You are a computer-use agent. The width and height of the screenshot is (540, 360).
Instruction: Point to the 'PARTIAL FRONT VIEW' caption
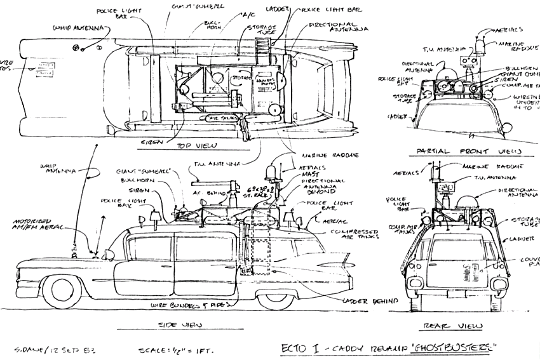tap(469, 151)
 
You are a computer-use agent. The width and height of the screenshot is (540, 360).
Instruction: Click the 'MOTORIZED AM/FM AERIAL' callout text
tap(33, 227)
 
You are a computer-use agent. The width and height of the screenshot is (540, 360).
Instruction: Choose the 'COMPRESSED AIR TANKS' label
tap(349, 235)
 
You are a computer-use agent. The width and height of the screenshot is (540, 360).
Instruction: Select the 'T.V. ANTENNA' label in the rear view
tap(496, 178)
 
